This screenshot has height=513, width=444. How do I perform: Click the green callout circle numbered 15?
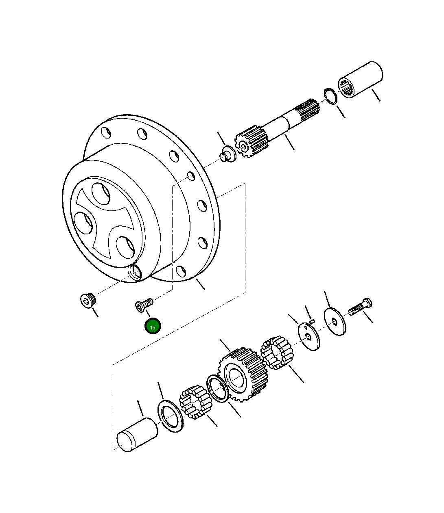(153, 326)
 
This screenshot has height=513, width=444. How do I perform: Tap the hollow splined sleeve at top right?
(361, 80)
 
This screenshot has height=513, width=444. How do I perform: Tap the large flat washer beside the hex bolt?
(335, 322)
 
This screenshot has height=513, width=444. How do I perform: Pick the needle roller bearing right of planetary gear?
(277, 352)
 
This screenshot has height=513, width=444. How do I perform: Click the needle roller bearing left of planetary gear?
(194, 402)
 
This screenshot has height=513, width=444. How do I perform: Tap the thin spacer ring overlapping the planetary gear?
(217, 389)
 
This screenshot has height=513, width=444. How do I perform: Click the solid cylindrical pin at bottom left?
(137, 435)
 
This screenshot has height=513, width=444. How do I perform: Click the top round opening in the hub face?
(101, 194)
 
